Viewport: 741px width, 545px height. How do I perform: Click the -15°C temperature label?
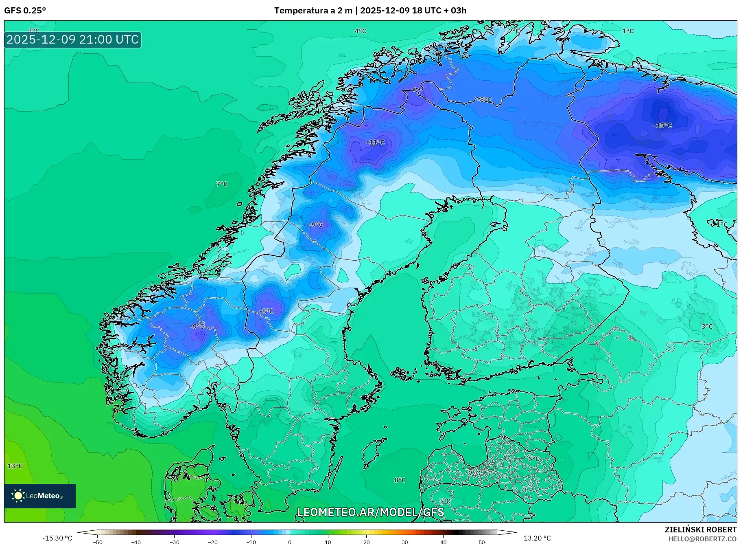tap(663, 125)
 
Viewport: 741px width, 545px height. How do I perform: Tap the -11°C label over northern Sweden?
tap(375, 143)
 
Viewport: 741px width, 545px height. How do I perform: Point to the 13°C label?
tap(15, 466)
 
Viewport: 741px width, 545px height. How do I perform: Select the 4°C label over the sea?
tap(360, 31)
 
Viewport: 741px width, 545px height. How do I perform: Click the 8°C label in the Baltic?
tap(400, 480)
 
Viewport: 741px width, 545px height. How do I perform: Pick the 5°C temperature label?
tap(445, 501)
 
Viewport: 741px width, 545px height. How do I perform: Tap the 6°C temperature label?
tap(534, 459)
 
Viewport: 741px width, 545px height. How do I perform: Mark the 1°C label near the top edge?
tap(628, 31)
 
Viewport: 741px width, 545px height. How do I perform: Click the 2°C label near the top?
tap(514, 31)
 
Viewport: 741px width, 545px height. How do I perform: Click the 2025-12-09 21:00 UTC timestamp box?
tap(73, 40)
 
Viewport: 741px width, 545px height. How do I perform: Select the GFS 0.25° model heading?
tap(25, 11)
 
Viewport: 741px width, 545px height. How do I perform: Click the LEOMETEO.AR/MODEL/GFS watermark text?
tap(371, 512)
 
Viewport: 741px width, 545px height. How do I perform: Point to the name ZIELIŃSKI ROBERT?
tap(700, 530)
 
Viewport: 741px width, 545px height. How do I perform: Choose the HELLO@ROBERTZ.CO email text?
tap(702, 539)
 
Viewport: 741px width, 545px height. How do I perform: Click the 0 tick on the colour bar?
tap(290, 542)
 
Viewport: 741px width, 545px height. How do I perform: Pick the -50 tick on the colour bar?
tap(98, 542)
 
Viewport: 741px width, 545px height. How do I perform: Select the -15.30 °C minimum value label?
tap(57, 538)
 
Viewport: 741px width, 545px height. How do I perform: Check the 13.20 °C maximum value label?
tap(537, 538)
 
